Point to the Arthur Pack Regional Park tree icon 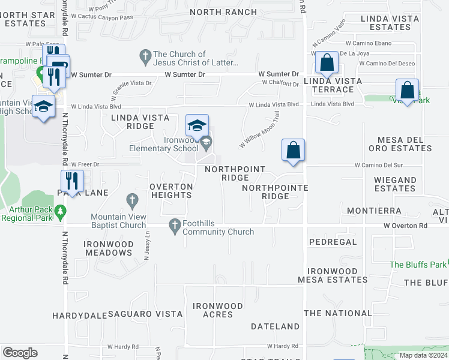59,212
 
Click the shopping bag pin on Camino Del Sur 294,151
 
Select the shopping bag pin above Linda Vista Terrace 326,62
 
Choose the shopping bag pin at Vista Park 407,91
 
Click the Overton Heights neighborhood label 171,191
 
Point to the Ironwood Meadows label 109,248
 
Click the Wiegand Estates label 395,184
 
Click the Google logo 20,353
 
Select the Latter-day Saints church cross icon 145,58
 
